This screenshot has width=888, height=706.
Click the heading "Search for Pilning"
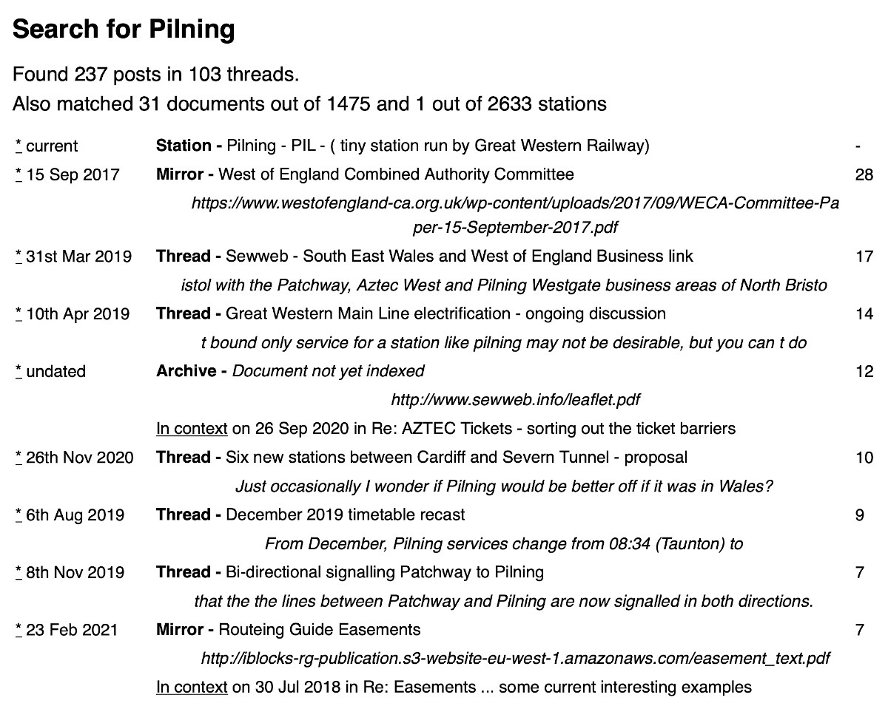pos(124,30)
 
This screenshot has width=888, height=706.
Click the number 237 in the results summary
pos(89,75)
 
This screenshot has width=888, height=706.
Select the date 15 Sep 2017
pos(73,175)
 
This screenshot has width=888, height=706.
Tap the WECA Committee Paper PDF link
pos(515,214)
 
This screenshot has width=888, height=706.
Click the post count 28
pos(864,175)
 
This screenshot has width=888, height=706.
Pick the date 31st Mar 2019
pos(78,257)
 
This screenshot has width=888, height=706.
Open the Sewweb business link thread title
pos(459,257)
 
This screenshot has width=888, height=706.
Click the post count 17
pos(864,257)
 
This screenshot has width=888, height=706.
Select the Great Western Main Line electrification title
pos(445,314)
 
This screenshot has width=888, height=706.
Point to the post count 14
pos(864,314)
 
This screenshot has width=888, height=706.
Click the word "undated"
pos(55,372)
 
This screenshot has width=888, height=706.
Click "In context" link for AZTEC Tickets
pos(192,429)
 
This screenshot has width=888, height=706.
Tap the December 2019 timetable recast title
pos(346,515)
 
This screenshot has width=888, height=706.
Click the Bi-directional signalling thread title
pos(384,572)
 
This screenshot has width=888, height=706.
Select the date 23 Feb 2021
pos(72,630)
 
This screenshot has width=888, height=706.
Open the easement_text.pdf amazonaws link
pos(515,658)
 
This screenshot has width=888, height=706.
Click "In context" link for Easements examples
pos(192,688)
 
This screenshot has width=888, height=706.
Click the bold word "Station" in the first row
pos(184,146)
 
